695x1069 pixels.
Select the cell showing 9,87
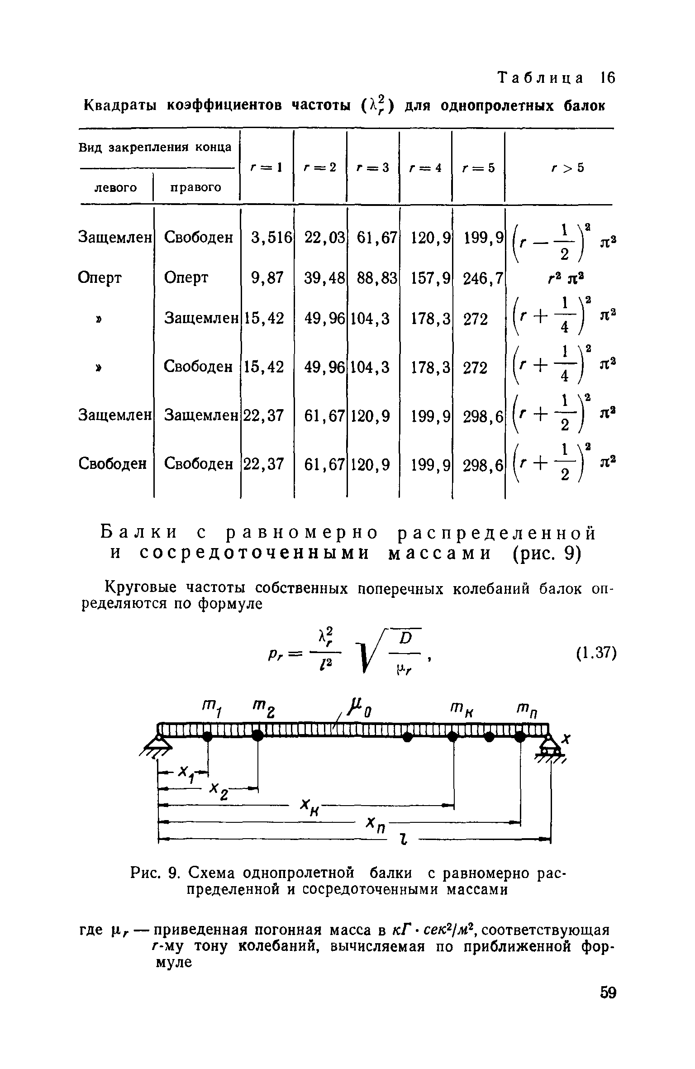point(268,277)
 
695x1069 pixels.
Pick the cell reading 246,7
point(483,277)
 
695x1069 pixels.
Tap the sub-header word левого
point(115,187)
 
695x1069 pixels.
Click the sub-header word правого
point(195,187)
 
